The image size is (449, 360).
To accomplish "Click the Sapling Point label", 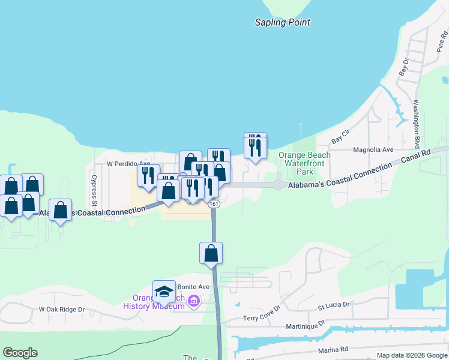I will pos(283,23).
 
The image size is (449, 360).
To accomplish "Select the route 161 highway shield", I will pos(214,205).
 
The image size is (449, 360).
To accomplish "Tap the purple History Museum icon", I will pos(194,301).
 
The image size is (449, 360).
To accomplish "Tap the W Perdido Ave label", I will pos(128,163).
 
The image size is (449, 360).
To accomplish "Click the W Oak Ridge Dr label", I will pos(62,310).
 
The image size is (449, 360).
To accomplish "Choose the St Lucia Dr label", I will pos(333,305).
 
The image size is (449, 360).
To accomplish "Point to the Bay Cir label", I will pos(340,136).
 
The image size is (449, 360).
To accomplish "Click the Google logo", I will pos(20,353).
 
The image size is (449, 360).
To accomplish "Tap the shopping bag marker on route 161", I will pos(211,253).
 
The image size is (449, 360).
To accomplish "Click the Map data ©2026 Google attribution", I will pos(411,355).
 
